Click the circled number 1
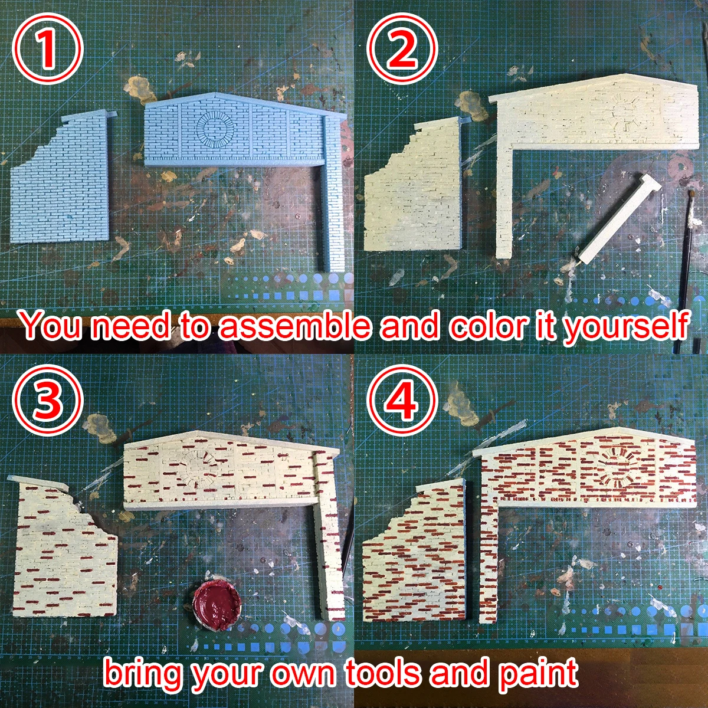click(47, 50)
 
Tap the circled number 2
click(404, 50)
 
